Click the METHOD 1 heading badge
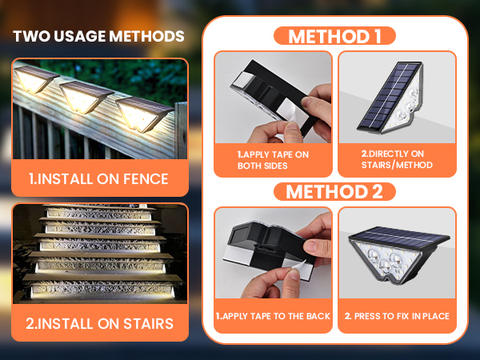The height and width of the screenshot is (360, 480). [334, 36]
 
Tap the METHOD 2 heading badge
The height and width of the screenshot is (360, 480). [334, 192]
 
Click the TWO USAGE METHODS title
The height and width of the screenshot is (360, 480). [98, 36]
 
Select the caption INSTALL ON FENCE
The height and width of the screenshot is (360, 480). [99, 178]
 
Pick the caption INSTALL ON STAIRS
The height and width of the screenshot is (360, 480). [99, 323]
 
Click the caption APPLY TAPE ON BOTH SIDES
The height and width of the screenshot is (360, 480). [273, 160]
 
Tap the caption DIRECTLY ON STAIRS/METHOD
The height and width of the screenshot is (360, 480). [397, 159]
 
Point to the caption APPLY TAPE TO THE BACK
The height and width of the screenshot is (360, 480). [273, 316]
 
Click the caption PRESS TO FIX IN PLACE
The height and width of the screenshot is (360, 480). [397, 316]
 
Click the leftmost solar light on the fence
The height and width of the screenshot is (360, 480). [35, 78]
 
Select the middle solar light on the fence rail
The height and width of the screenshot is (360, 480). [85, 97]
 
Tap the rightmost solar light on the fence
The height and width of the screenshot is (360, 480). [143, 114]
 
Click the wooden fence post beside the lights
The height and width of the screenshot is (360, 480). [181, 130]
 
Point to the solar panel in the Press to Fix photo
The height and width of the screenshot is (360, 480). [399, 237]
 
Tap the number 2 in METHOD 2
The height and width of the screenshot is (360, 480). [377, 192]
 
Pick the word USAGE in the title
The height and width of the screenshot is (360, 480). [81, 36]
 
